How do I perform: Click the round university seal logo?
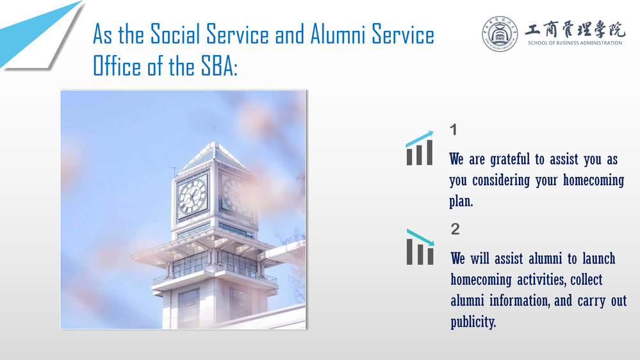(x=500, y=34)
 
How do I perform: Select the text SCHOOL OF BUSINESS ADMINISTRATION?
(x=575, y=43)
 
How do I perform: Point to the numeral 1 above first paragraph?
(x=453, y=130)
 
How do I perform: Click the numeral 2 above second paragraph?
(x=455, y=229)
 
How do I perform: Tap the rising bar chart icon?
(x=420, y=148)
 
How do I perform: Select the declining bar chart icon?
(x=420, y=247)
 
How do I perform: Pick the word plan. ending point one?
(x=461, y=201)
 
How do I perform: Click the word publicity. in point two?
(x=473, y=322)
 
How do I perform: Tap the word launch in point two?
(x=598, y=258)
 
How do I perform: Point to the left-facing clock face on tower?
(x=192, y=196)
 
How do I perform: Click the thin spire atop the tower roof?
(x=214, y=134)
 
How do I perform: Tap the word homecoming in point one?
(x=593, y=180)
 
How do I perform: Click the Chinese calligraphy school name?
(x=575, y=29)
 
